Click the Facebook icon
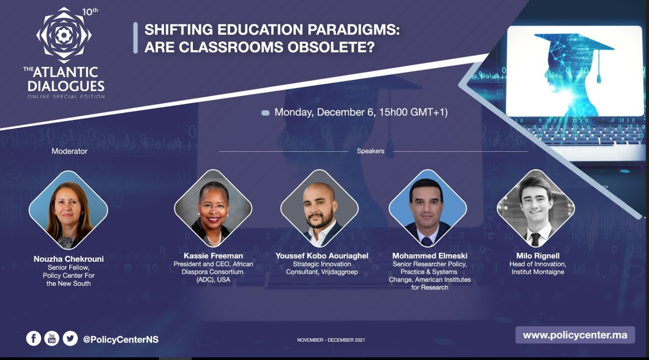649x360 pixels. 34,338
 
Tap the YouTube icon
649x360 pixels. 52,338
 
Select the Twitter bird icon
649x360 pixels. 70,338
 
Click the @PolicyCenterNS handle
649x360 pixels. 121,339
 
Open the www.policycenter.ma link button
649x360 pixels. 575,335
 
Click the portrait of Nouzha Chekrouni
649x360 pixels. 68,210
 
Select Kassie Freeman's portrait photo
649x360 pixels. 213,209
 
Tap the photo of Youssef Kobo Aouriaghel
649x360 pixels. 320,209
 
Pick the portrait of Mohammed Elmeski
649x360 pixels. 428,209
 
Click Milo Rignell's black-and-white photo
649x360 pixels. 536,209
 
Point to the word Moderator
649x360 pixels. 70,151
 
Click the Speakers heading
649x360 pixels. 371,151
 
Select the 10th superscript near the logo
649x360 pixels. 90,12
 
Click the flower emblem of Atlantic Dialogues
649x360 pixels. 64,35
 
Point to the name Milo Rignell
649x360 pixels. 538,256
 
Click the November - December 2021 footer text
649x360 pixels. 331,340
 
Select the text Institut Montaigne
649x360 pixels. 538,272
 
